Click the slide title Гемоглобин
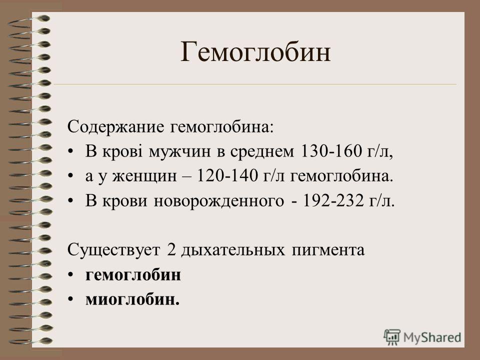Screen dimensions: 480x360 coord(255,52)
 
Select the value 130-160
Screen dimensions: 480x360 coord(331,151)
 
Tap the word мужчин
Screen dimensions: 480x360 coord(179,152)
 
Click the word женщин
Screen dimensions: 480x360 coord(144,176)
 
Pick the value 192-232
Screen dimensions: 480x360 coord(333,201)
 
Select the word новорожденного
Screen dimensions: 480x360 coord(219,201)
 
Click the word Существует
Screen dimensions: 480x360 coord(113,250)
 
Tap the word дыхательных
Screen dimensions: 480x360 coord(233,250)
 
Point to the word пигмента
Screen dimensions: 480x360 coord(328,250)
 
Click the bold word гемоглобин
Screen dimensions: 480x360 coord(133,275)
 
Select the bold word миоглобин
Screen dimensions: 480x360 coord(132,299)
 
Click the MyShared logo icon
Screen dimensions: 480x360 coord(392,337)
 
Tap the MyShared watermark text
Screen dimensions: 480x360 coord(432,337)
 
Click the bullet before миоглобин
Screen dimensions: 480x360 coord(70,299)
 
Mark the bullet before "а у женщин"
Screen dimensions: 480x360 coord(70,176)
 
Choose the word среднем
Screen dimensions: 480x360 coord(262,152)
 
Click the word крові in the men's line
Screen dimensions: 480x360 coord(122,151)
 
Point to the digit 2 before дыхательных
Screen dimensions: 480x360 coord(171,250)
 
